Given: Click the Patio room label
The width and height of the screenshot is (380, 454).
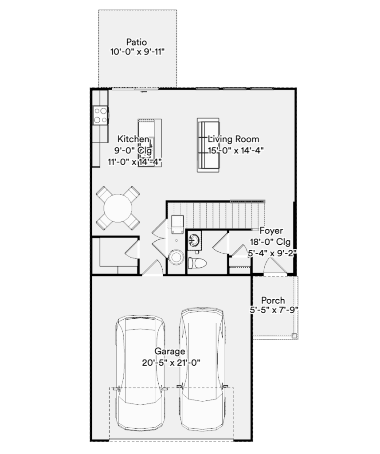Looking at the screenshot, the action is pyautogui.click(x=137, y=42).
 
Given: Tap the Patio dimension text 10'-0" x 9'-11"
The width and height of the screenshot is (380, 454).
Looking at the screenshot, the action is pyautogui.click(x=137, y=52).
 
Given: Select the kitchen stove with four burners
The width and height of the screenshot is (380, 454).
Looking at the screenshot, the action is pyautogui.click(x=101, y=115).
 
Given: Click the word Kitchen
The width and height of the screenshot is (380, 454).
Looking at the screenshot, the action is pyautogui.click(x=133, y=139).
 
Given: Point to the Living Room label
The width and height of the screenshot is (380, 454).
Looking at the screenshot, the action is pyautogui.click(x=234, y=139).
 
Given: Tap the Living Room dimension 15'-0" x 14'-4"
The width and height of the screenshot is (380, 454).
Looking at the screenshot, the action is pyautogui.click(x=235, y=151).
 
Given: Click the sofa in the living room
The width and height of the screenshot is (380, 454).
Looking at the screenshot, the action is pyautogui.click(x=208, y=145).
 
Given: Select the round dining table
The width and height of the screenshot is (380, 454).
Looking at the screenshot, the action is pyautogui.click(x=118, y=208).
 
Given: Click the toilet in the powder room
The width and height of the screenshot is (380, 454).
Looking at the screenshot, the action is pyautogui.click(x=197, y=263).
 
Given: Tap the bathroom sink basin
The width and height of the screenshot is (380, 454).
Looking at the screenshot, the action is pyautogui.click(x=194, y=240).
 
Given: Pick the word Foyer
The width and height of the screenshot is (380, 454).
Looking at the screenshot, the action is pyautogui.click(x=271, y=231).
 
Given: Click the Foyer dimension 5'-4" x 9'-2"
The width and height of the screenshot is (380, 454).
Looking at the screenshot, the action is pyautogui.click(x=272, y=253).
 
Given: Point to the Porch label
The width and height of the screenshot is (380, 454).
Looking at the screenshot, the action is pyautogui.click(x=273, y=300).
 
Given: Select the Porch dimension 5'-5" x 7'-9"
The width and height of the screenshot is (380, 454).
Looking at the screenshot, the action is pyautogui.click(x=274, y=310).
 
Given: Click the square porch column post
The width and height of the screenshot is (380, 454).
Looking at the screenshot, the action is pyautogui.click(x=294, y=336).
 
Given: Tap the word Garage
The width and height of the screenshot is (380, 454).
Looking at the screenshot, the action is pyautogui.click(x=170, y=351).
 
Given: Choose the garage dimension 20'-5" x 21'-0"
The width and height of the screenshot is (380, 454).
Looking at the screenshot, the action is pyautogui.click(x=171, y=363).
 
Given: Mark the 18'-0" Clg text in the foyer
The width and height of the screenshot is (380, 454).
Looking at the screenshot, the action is pyautogui.click(x=270, y=242).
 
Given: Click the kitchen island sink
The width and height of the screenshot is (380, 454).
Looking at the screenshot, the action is pyautogui.click(x=146, y=148).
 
